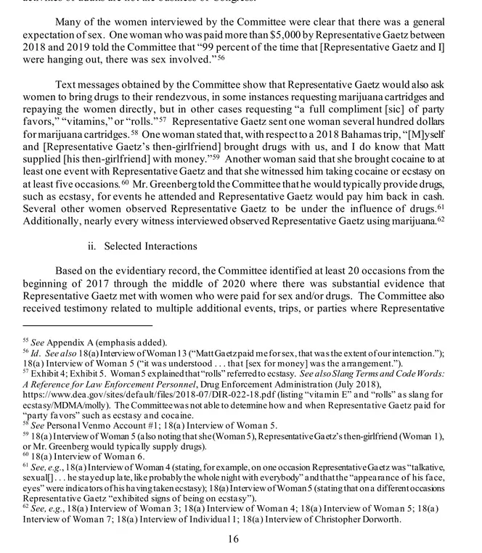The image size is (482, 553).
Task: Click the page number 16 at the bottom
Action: click(233, 538)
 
